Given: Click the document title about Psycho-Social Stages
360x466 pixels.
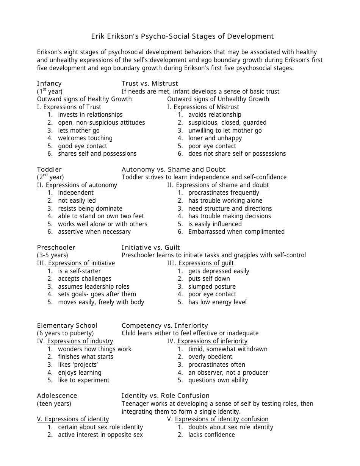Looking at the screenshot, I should click(x=182, y=36).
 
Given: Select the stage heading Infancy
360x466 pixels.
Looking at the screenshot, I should click(x=49, y=83).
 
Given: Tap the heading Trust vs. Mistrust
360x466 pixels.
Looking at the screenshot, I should click(x=150, y=83).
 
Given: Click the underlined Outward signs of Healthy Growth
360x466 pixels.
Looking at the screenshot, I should click(x=84, y=99).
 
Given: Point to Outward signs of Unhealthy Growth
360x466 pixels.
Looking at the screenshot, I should click(x=218, y=99).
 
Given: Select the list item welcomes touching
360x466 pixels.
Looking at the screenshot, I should click(x=85, y=138).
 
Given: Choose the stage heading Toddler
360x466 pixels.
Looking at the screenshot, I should click(x=49, y=169).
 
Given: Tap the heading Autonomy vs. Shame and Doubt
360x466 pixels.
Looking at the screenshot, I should click(x=173, y=169).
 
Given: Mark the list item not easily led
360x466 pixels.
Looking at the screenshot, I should click(x=77, y=201).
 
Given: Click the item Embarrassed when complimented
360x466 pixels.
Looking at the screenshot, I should click(x=236, y=232).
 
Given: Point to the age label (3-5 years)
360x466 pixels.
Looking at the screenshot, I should click(x=52, y=255).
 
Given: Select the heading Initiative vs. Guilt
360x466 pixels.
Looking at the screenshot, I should click(x=150, y=247).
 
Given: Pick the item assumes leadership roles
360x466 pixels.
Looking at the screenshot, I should click(x=94, y=287).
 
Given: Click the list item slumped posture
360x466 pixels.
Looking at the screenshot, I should click(x=212, y=287).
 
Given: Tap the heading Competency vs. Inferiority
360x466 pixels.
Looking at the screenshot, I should click(x=164, y=325).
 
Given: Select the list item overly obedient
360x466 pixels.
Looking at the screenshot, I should click(x=210, y=357).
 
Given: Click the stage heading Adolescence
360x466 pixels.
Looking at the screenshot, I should click(x=57, y=396).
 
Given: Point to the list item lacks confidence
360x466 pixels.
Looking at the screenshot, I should click(x=211, y=435).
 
